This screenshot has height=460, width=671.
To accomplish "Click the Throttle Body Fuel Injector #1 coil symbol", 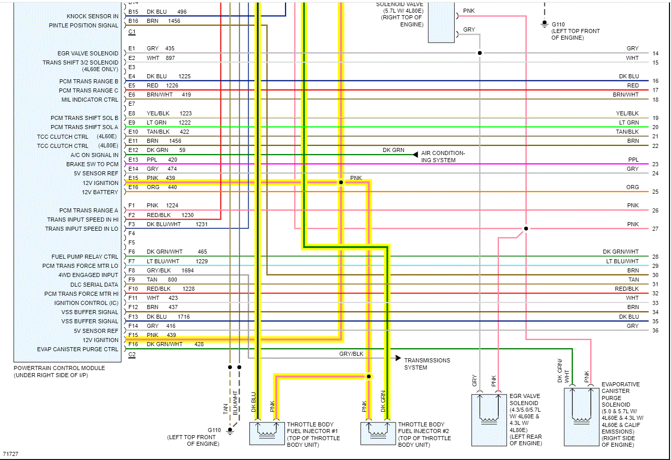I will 267,433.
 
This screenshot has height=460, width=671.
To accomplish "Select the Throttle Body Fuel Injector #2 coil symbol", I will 378,433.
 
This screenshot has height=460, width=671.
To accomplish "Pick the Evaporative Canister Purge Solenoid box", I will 582,417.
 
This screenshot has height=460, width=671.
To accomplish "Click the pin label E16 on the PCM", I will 133,187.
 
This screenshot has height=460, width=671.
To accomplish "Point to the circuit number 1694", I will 187,270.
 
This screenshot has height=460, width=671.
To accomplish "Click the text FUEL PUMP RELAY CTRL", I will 84,257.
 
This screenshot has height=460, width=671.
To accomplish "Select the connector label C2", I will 132,355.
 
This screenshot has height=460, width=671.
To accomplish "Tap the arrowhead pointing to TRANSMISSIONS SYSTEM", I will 398,358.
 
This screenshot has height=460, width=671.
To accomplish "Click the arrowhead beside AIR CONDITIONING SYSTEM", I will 416,154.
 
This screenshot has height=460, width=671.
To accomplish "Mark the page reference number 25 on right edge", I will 655,192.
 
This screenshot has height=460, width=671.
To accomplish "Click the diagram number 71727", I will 10,454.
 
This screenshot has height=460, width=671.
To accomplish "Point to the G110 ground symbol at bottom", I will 230,431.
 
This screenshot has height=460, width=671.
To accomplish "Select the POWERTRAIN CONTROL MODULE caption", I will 59,368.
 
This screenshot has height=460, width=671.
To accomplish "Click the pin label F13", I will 133,317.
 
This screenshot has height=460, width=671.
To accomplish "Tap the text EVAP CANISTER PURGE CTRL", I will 77,349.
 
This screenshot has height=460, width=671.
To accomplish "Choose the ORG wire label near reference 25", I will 632,187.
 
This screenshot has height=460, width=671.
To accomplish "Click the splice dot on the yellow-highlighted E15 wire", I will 341,182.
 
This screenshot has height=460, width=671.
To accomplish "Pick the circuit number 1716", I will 183,317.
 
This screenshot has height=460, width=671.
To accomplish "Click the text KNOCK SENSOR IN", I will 92,16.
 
